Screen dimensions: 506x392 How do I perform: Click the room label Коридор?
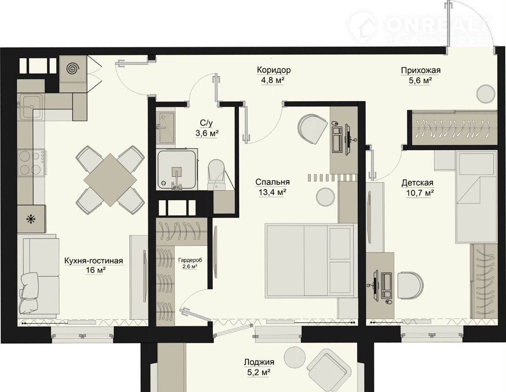point(274,70)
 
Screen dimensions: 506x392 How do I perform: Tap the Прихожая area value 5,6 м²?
point(420,81)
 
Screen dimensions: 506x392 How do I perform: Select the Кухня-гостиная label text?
point(94,261)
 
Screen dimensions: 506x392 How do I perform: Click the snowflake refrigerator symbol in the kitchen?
point(31,220)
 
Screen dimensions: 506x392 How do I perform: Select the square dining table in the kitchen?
point(110,180)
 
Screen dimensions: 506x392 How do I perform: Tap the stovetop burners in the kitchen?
point(31,163)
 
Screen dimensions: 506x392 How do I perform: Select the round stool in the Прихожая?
point(486,94)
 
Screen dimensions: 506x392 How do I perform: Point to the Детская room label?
point(417,183)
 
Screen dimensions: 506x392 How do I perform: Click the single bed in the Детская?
point(476,197)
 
